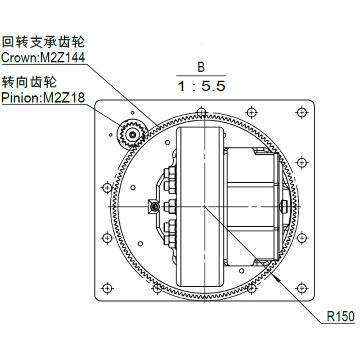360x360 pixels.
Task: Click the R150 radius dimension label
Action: (x=341, y=316)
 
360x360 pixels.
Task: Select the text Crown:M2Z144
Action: (x=43, y=58)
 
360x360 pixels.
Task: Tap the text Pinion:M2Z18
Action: (x=43, y=98)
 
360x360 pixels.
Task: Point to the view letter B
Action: (x=201, y=67)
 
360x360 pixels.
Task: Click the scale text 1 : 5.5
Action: (x=201, y=86)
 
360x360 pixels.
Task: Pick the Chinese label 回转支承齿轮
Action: (x=43, y=42)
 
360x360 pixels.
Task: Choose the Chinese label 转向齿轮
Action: (x=29, y=82)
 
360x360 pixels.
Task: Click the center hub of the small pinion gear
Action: (x=133, y=135)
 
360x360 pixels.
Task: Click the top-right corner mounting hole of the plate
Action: (x=301, y=112)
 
